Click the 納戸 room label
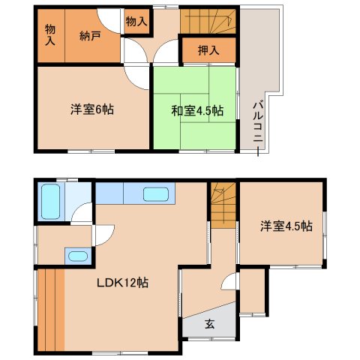(90, 36)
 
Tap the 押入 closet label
(208, 50)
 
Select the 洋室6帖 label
(92, 109)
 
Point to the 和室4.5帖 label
(197, 111)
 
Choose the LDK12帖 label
(122, 283)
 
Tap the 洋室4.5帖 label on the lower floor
(286, 226)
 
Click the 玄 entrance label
(209, 324)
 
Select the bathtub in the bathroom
(50, 202)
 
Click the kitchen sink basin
(155, 194)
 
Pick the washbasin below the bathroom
(78, 256)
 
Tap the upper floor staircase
(208, 21)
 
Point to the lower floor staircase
(223, 205)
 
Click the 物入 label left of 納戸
(50, 35)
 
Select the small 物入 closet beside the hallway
(136, 22)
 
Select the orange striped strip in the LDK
(51, 310)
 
